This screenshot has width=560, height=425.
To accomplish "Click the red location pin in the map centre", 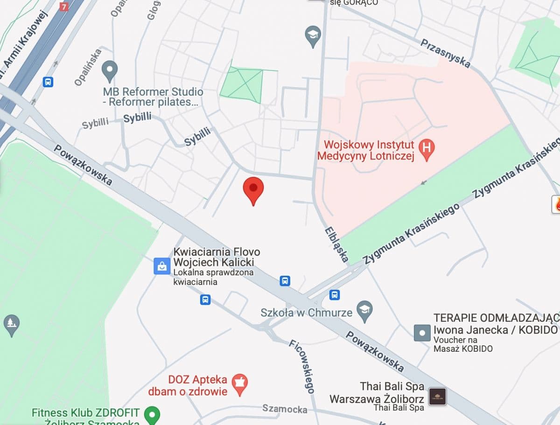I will tap(253, 189).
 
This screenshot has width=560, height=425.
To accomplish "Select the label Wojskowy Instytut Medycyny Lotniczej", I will tap(365, 150).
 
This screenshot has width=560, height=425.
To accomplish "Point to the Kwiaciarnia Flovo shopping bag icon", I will tap(161, 266).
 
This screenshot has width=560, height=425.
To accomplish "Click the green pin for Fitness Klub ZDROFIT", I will tap(152, 413).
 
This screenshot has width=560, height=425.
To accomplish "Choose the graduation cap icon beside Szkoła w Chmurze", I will tap(364, 310).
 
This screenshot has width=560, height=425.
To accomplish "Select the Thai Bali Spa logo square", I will tap(437, 396).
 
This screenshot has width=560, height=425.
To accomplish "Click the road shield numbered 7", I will tap(64, 7).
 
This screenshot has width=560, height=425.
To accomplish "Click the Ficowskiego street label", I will tap(302, 366).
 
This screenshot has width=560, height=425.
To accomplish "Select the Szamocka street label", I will tap(285, 409).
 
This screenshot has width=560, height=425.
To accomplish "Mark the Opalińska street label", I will tap(87, 68).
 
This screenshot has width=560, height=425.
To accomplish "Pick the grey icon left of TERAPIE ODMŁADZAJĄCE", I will tap(422, 333).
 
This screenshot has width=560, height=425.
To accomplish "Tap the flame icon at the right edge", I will tap(556, 204).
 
